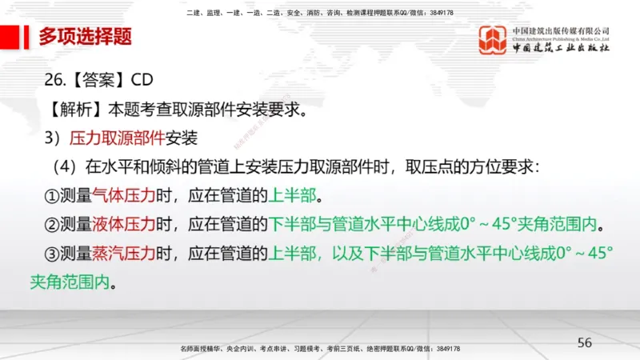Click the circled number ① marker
(x=51, y=195)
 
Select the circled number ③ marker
(x=51, y=253)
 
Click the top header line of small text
(x=319, y=13)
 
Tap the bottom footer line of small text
(x=319, y=349)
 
